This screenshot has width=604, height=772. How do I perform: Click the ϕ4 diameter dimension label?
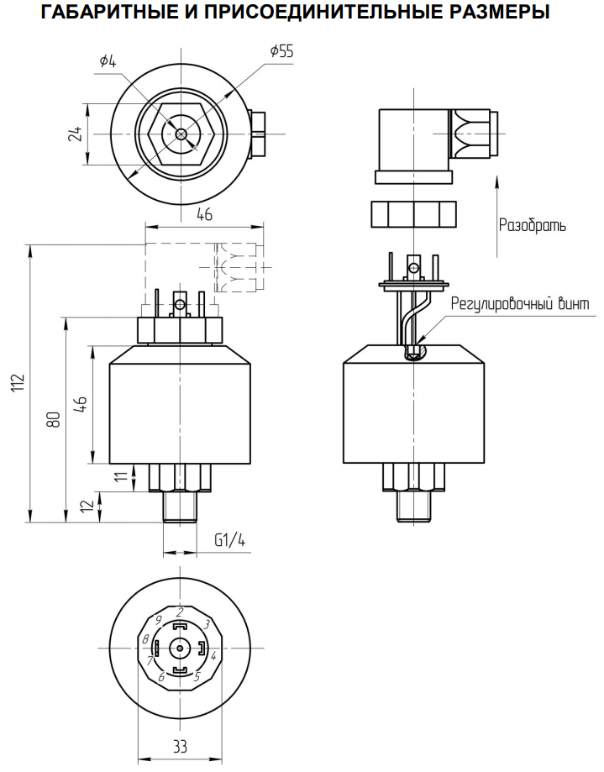coord(108,61)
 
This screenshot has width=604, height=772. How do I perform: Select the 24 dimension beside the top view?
coord(75,134)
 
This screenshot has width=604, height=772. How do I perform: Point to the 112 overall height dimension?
coord(18,383)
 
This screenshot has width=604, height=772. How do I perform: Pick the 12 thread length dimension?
coord(87,507)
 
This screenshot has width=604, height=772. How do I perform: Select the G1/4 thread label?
coord(229,540)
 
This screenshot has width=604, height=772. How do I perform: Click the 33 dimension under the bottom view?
coord(180,747)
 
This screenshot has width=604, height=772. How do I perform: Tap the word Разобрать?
coord(532,225)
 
